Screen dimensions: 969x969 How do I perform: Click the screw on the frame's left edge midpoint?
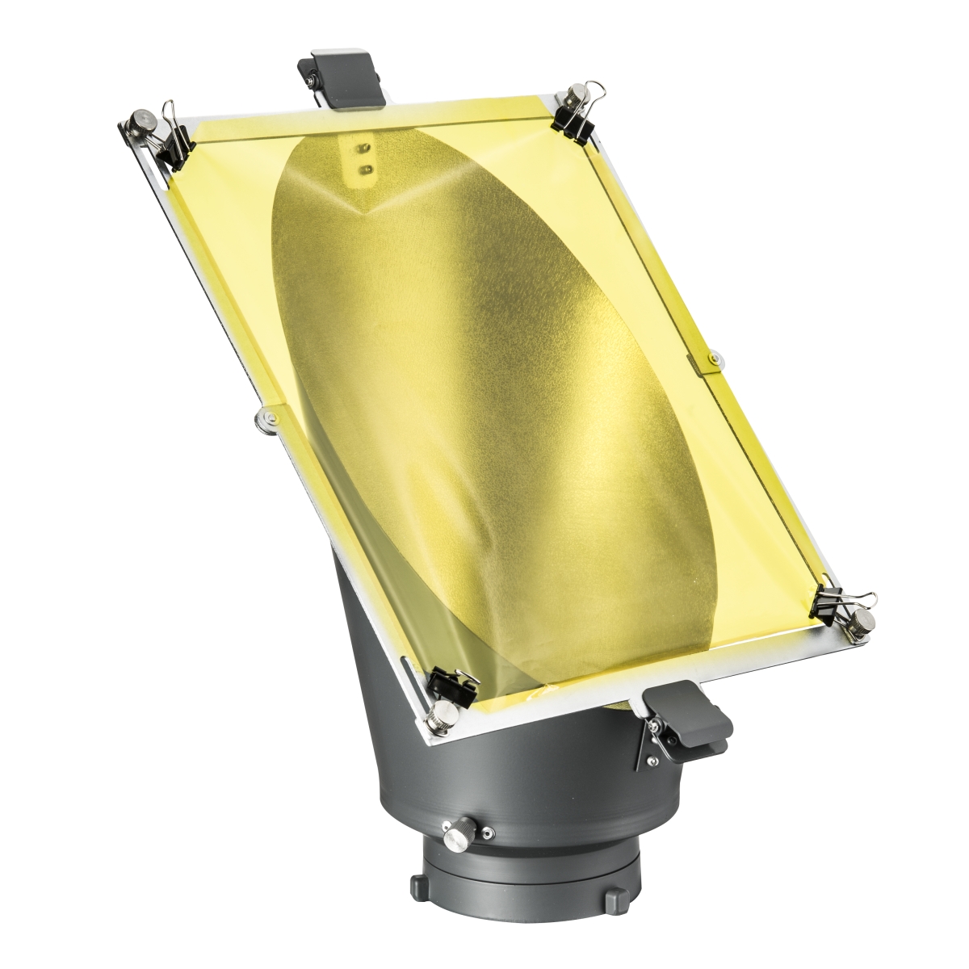tap(264, 417)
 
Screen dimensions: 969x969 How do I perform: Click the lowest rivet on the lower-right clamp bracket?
tap(648, 760)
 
